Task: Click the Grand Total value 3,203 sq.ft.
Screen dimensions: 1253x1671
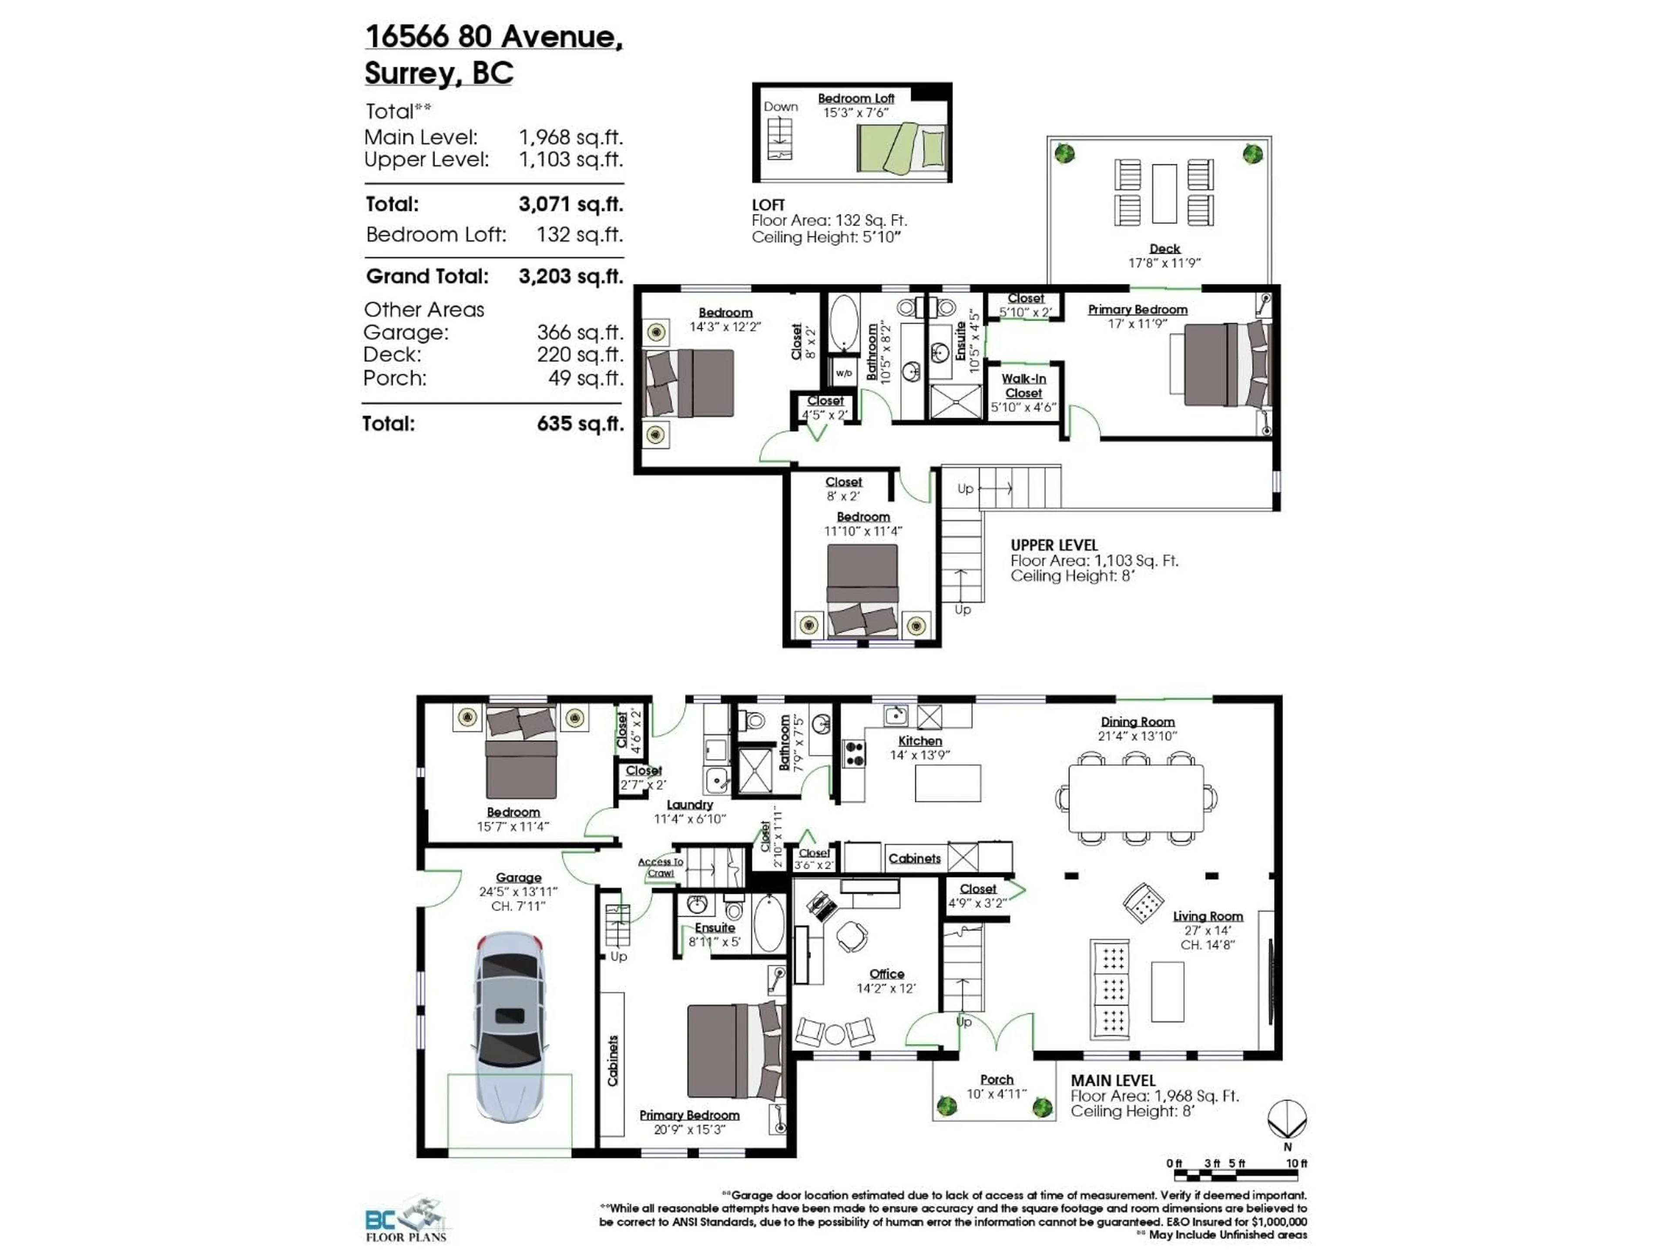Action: [570, 276]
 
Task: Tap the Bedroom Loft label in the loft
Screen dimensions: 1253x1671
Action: [856, 98]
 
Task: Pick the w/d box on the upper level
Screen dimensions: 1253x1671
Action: [843, 373]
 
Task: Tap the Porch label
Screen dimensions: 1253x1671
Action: [997, 1080]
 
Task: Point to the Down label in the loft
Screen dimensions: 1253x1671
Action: [780, 107]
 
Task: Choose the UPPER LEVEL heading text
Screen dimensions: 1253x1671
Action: [1054, 545]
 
